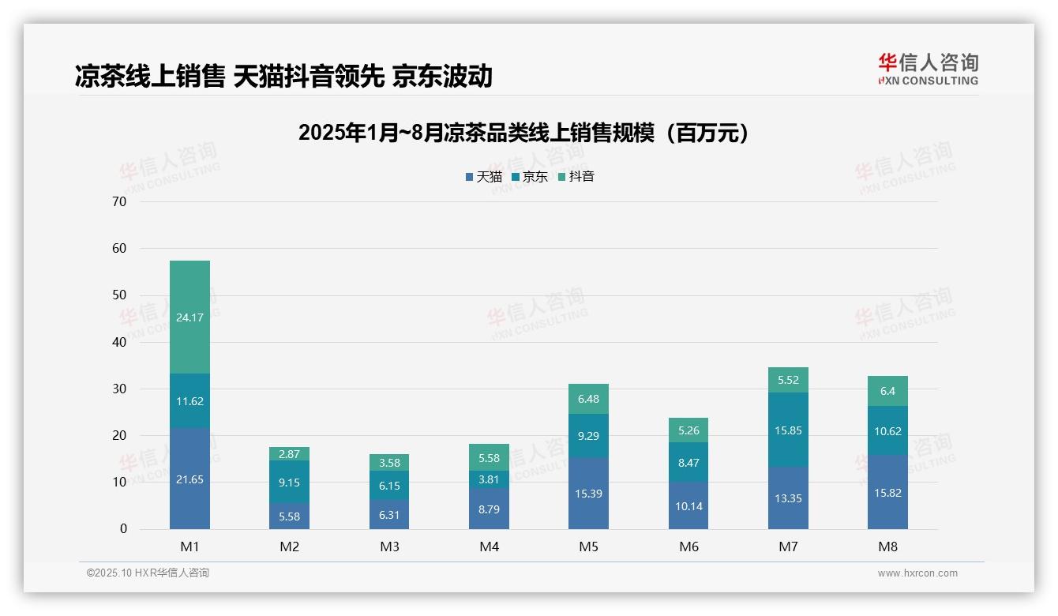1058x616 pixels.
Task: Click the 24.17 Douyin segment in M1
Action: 189,317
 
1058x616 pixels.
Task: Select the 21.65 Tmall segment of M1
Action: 189,479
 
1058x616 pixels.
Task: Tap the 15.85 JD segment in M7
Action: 788,430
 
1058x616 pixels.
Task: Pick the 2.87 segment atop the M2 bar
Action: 289,454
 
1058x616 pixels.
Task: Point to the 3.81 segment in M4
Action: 489,479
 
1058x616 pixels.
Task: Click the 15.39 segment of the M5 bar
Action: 588,494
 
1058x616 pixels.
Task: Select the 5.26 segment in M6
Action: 688,430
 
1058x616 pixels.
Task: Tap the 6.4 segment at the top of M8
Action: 887,391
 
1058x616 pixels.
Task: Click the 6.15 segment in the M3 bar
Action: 389,486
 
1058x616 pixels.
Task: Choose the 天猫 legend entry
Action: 483,177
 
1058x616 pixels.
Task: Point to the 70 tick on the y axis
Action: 119,202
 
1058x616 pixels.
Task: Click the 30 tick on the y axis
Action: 119,389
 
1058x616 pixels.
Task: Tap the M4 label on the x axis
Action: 489,547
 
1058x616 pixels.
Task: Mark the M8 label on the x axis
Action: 887,547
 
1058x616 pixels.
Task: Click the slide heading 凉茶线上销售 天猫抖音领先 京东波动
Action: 283,76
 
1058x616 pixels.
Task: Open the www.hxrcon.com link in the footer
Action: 917,573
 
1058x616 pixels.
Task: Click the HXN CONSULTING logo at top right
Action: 928,69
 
